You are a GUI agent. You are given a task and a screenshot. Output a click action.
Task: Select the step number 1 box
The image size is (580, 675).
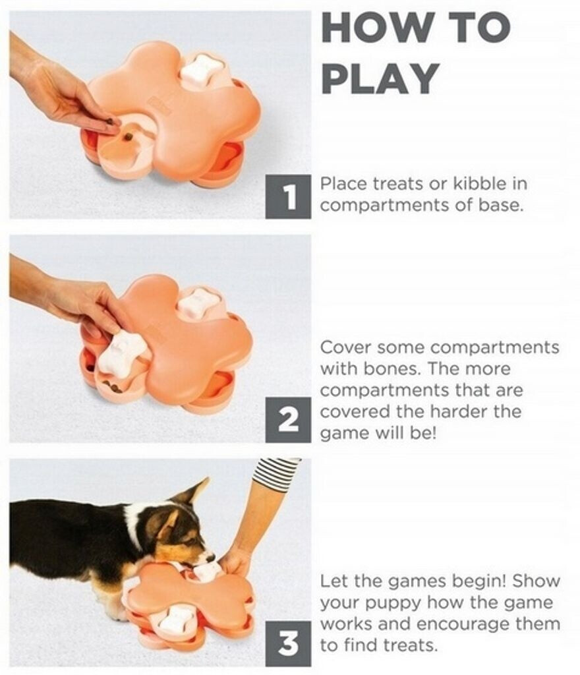click(x=288, y=196)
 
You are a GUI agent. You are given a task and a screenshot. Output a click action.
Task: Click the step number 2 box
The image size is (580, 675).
click(x=288, y=420)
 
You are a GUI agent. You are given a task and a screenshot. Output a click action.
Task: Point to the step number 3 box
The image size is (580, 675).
click(x=288, y=643)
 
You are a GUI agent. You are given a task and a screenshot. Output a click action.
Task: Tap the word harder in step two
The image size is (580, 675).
click(x=459, y=411)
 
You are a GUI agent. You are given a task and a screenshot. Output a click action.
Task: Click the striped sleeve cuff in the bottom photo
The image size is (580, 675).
click(x=274, y=472)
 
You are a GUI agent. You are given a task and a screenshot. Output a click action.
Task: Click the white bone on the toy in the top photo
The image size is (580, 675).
click(x=201, y=69)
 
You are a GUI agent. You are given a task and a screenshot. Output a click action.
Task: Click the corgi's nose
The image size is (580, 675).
click(x=211, y=558)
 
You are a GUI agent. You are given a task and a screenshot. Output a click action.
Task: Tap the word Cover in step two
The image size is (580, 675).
click(x=345, y=347)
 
